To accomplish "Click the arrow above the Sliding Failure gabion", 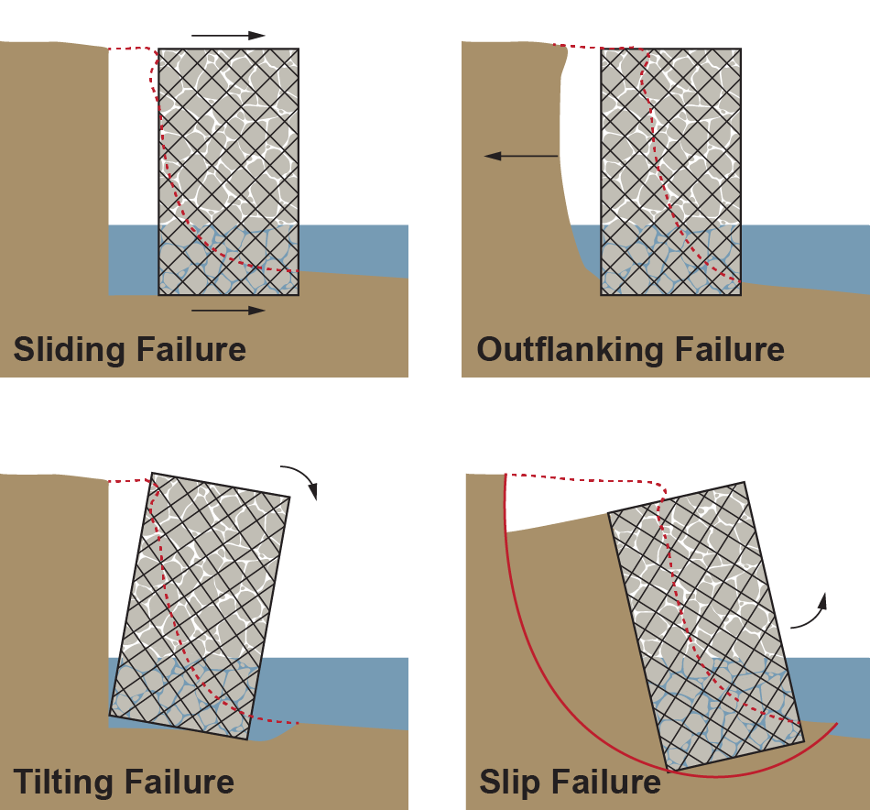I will coord(228,36).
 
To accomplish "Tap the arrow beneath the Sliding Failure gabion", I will coord(228,311).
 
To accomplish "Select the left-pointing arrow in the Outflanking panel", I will coord(520,157).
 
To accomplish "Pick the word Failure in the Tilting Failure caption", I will coord(178,783).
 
